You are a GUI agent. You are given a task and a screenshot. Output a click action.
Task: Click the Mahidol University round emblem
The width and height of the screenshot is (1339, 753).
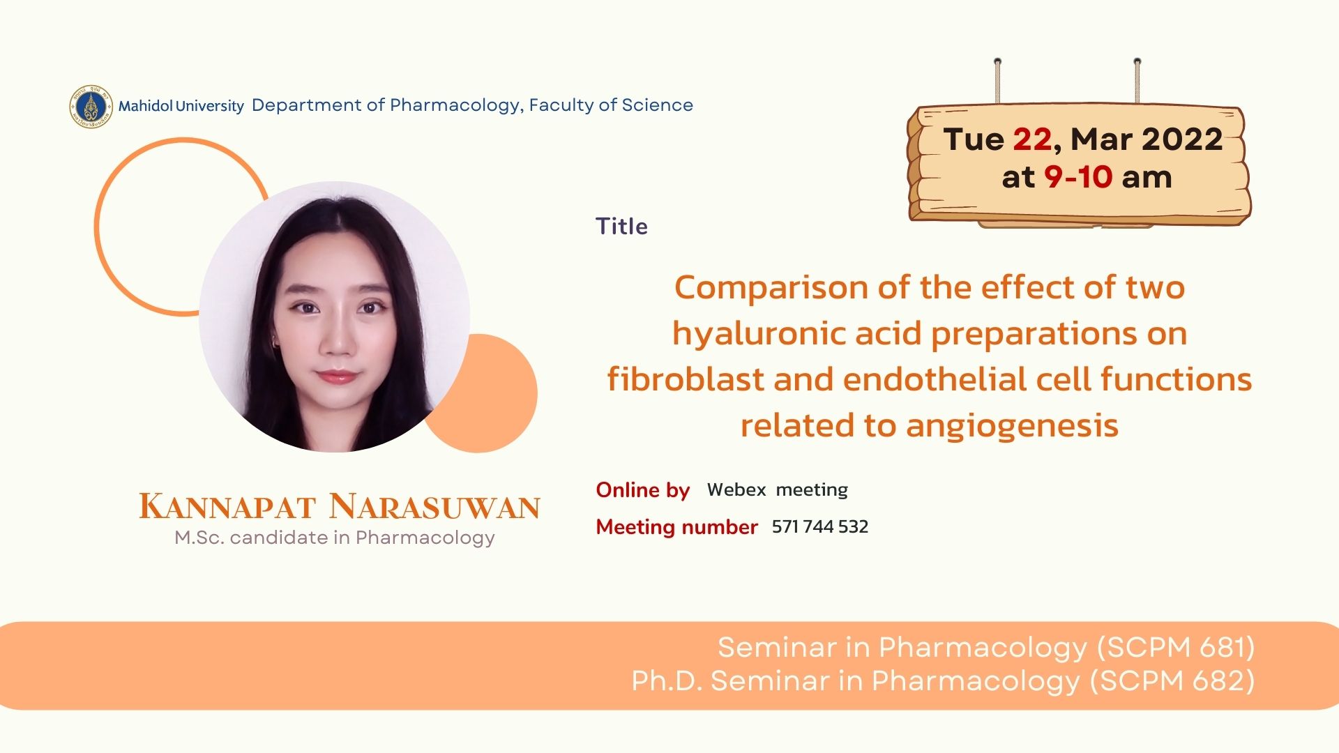click(x=91, y=107)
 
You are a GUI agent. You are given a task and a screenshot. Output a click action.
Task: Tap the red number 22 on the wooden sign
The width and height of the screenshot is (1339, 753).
click(x=1032, y=139)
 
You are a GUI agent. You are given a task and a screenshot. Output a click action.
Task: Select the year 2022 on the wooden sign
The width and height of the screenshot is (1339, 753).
click(x=1182, y=139)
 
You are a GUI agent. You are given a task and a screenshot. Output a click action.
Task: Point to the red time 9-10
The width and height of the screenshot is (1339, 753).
click(x=1077, y=177)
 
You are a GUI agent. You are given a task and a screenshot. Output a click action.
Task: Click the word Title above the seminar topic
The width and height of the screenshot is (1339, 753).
click(x=621, y=227)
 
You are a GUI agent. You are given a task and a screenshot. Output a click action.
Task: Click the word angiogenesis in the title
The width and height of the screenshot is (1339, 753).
click(x=1012, y=426)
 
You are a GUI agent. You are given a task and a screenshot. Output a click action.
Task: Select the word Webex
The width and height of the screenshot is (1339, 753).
click(x=736, y=489)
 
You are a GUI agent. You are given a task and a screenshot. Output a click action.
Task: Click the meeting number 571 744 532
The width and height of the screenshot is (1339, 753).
click(x=820, y=526)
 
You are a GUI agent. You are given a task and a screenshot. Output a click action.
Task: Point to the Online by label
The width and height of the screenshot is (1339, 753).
click(x=643, y=490)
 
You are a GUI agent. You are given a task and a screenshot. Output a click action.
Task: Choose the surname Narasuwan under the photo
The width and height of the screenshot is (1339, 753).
click(x=434, y=506)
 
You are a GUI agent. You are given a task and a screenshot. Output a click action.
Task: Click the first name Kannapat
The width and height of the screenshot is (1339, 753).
click(x=227, y=506)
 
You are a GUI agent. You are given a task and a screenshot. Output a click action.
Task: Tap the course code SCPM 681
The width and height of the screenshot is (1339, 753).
click(x=1177, y=648)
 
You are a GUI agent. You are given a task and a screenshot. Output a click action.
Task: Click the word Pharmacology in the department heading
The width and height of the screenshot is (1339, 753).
click(x=455, y=105)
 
